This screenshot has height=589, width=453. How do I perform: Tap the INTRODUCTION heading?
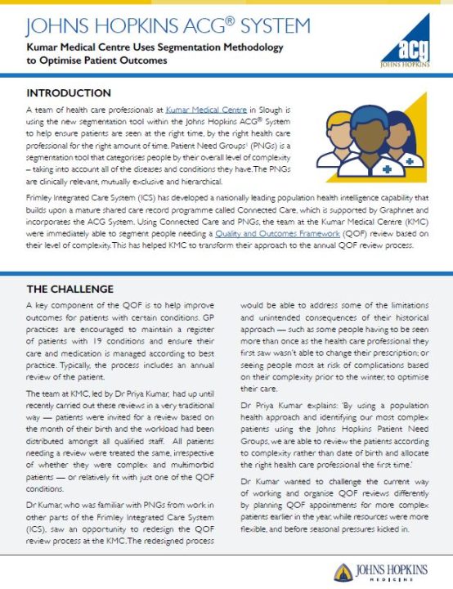(68, 93)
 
